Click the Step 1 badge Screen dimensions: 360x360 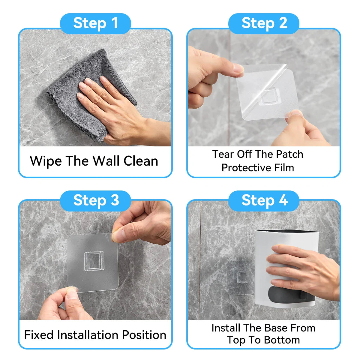95,23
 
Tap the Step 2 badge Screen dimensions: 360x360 264,23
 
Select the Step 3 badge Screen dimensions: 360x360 95,201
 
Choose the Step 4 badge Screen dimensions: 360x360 264,201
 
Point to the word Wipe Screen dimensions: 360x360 46,161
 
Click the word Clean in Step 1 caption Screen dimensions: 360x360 141,161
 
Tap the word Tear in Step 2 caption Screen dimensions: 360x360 223,154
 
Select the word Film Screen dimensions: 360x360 284,168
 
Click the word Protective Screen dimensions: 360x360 246,168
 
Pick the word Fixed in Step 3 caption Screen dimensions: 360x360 39,334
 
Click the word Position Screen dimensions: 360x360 144,334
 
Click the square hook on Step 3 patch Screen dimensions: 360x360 94,261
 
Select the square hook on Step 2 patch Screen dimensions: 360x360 269,96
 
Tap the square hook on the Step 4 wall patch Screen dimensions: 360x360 243,277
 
